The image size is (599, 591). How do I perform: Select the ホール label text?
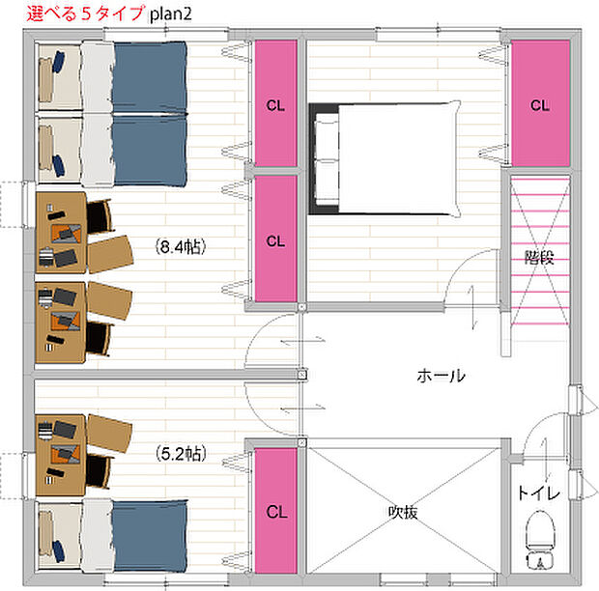pos(441,376)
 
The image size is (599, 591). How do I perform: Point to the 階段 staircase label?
pos(540,258)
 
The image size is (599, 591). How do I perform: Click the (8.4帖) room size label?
pos(180,247)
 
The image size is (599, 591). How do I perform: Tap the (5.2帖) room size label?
pos(180,451)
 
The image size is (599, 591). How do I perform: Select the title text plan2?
pos(174,13)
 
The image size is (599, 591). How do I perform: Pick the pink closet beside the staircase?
pos(539,103)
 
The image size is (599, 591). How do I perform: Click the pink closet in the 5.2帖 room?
pos(275,511)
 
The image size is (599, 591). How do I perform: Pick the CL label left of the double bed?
pos(275,104)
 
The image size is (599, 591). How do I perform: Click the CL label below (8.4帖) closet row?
pos(275,239)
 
